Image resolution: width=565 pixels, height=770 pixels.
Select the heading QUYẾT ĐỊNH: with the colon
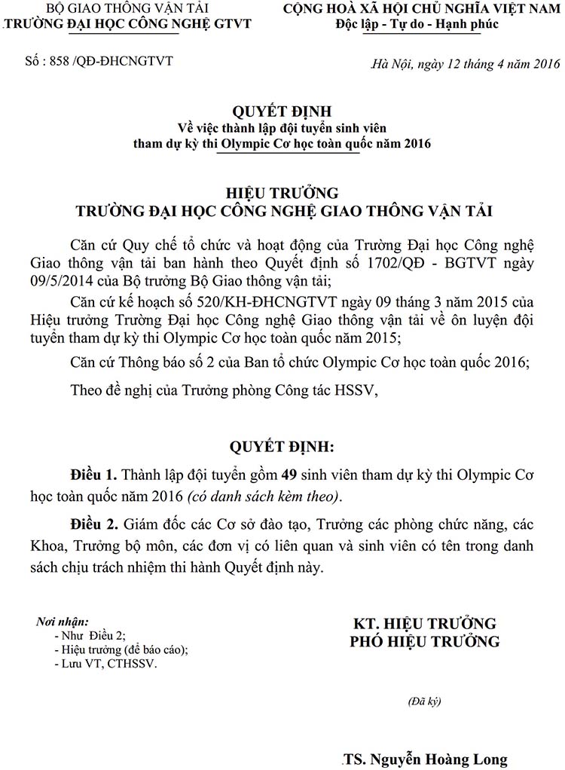point(282,448)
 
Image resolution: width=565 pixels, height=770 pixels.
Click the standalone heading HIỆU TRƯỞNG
point(282,193)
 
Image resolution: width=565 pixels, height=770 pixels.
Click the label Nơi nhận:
point(63,622)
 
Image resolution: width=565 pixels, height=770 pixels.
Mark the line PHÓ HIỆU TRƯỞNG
point(425,642)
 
